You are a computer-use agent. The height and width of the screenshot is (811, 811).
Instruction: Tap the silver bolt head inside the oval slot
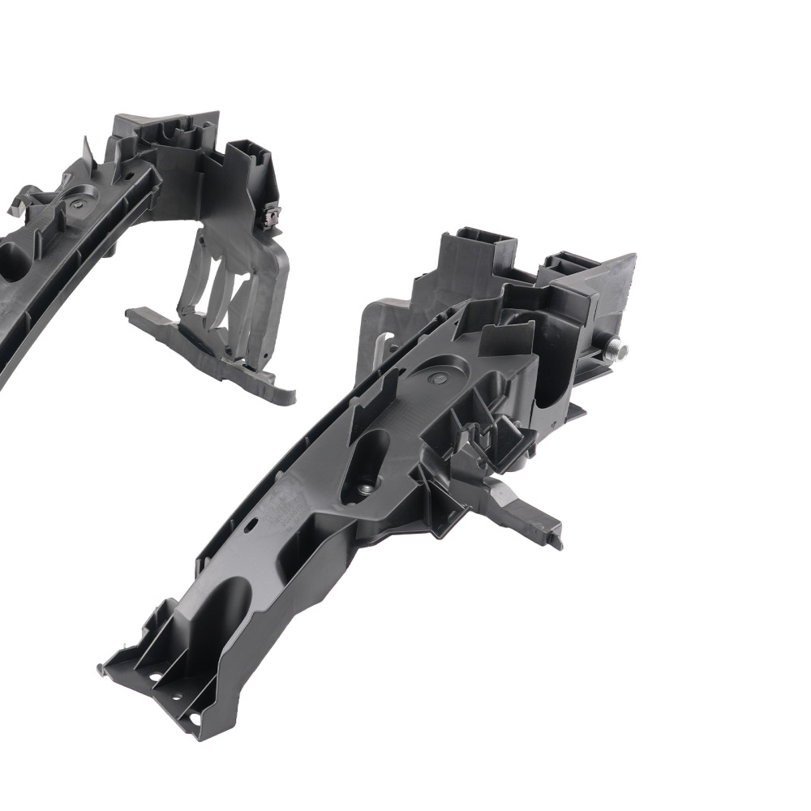365,488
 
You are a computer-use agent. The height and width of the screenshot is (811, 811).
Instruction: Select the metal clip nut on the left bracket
272,216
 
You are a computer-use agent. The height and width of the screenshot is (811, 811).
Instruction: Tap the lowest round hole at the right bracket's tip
195,719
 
